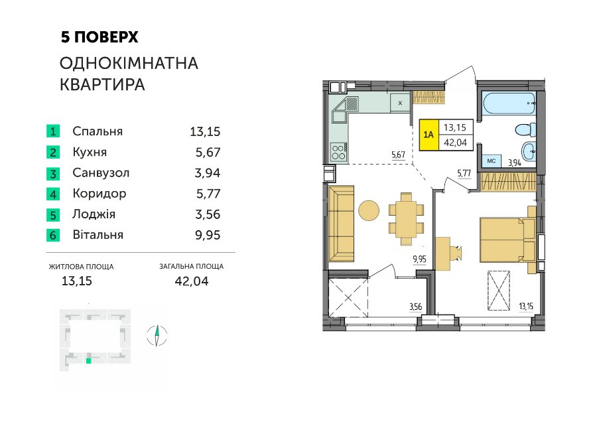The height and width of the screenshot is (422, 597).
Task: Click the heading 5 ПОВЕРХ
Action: click(x=99, y=37)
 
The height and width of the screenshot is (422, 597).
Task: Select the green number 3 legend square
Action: click(x=53, y=174)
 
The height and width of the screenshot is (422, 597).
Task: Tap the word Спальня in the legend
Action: click(x=98, y=131)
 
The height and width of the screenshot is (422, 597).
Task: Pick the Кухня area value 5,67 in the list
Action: click(x=208, y=153)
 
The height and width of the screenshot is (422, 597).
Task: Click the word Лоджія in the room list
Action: click(x=94, y=214)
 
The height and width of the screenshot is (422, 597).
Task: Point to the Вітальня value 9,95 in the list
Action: click(x=208, y=235)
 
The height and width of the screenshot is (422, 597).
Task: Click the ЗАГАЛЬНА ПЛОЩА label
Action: click(x=191, y=266)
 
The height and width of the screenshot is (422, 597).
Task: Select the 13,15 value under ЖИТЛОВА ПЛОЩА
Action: click(x=77, y=281)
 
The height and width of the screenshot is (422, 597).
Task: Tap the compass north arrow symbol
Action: click(x=157, y=336)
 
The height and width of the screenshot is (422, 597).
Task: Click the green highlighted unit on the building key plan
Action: click(x=89, y=360)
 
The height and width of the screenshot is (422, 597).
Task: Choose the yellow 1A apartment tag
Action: click(x=429, y=135)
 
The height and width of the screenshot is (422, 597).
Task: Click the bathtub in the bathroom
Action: click(x=509, y=103)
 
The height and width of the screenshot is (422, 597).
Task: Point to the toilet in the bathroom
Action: click(x=525, y=129)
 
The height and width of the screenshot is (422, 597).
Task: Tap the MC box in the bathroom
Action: click(x=491, y=161)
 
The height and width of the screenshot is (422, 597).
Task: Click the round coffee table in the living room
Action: click(x=369, y=210)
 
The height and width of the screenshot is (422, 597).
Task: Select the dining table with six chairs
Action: click(x=406, y=219)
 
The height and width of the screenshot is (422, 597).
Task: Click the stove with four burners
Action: click(x=338, y=152)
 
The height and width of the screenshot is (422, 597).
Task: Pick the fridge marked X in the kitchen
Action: click(x=400, y=103)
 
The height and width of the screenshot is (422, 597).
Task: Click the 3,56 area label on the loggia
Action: click(x=415, y=307)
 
